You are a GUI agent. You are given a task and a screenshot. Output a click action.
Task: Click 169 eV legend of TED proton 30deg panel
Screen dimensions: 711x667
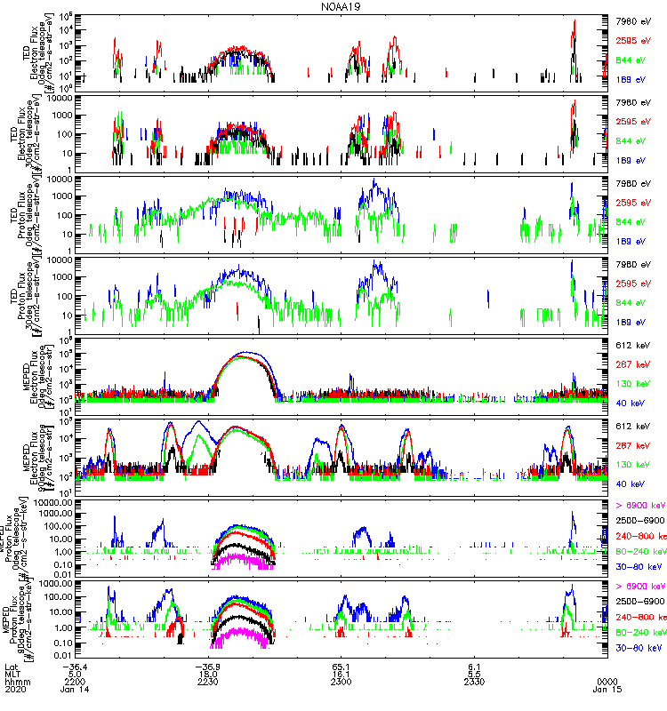[x=639, y=322]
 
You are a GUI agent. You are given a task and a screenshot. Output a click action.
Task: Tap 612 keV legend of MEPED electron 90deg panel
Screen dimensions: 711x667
[x=639, y=427]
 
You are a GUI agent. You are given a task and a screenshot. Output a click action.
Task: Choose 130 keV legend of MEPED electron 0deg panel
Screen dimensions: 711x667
[x=639, y=384]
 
